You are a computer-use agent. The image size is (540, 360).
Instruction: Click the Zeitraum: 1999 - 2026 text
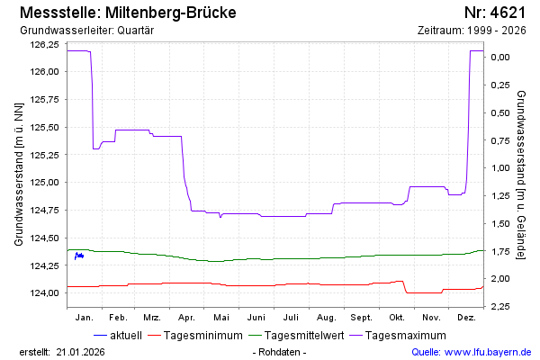pyautogui.click(x=472, y=31)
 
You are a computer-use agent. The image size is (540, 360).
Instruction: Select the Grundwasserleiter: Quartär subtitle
pyautogui.click(x=86, y=31)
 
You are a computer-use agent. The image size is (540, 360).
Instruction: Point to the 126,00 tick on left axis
pyautogui.click(x=44, y=72)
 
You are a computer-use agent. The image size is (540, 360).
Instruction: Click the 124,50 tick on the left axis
pyautogui.click(x=44, y=238)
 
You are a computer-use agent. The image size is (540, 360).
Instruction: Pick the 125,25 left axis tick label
pyautogui.click(x=44, y=155)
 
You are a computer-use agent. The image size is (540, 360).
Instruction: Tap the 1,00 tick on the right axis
pyautogui.click(x=499, y=168)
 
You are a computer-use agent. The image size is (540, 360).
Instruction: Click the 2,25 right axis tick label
pyautogui.click(x=499, y=307)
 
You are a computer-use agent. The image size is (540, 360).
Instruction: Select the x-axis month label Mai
pyautogui.click(x=221, y=318)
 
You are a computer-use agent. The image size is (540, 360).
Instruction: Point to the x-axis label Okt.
pyautogui.click(x=396, y=318)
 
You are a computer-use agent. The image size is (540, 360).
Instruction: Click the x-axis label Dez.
pyautogui.click(x=466, y=318)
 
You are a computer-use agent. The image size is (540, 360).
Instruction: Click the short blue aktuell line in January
pyautogui.click(x=79, y=256)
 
